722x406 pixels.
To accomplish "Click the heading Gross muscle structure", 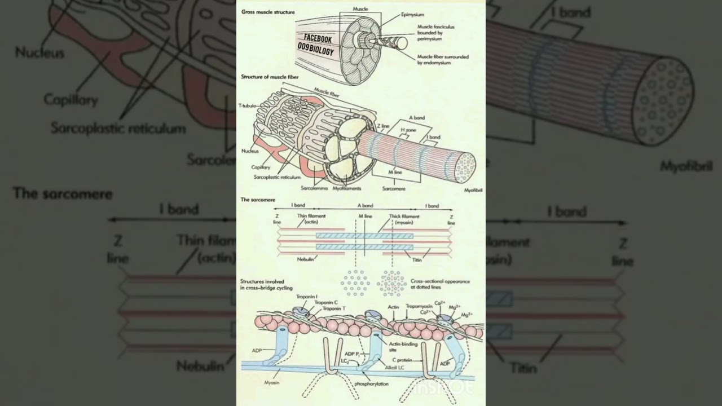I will coord(267,11).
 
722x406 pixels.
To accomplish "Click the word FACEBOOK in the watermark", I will coord(318,38).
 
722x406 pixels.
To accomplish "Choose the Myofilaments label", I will coord(347,188).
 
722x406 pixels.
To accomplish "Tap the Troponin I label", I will coord(309,296).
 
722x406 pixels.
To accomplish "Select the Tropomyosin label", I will coord(419,307).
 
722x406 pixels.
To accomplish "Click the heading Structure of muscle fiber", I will coord(270,76).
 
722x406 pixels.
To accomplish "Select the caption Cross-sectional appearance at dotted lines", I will coord(440,284).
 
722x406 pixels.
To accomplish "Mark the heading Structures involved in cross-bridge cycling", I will coord(262,284).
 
